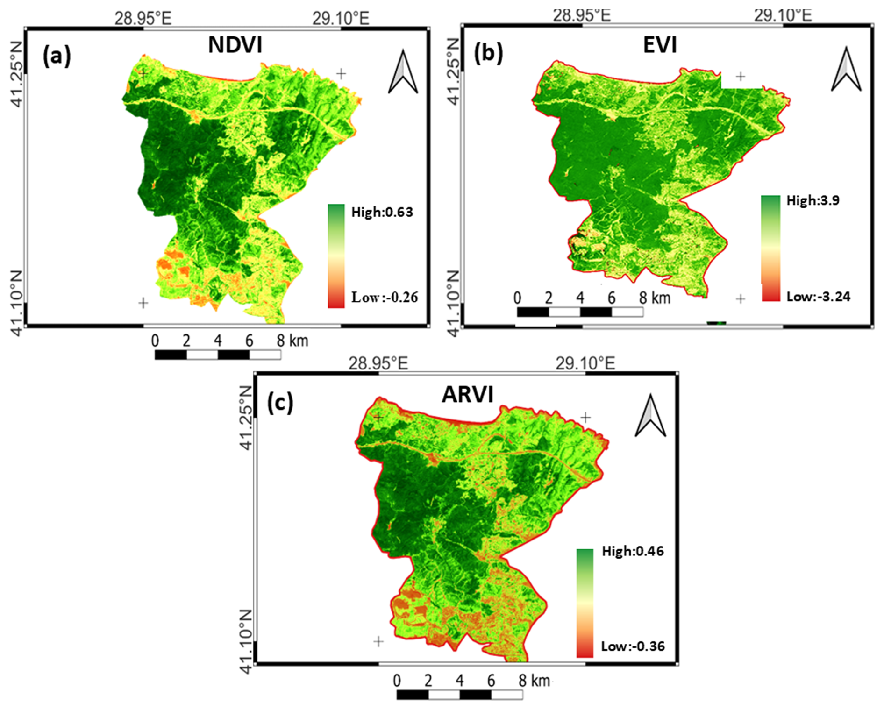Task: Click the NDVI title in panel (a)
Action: pos(235,45)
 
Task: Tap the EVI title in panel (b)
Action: pos(660,45)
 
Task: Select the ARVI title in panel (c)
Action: pos(467,395)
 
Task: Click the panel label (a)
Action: pos(57,56)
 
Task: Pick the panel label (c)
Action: pos(280,403)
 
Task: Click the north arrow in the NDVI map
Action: pos(403,72)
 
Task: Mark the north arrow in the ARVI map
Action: pos(650,415)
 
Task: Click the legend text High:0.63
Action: pos(382,212)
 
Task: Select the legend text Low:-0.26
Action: pos(384,297)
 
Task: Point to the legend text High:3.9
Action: pos(813,200)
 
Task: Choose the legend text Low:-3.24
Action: pos(818,296)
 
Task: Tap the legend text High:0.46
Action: pos(632,551)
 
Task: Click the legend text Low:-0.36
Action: pos(633,646)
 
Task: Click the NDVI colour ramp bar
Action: pos(336,256)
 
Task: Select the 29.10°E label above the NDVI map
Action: pos(341,18)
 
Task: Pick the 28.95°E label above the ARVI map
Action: pos(378,363)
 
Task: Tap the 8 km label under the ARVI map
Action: pos(534,681)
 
